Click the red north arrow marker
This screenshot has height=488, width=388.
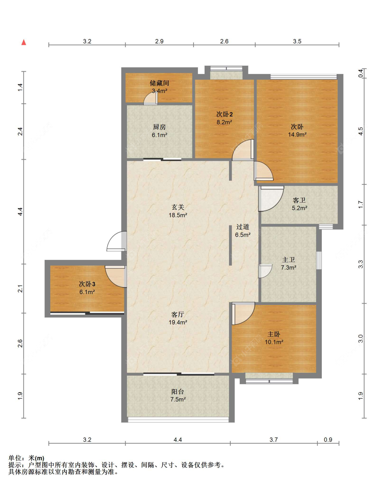pos(23,42)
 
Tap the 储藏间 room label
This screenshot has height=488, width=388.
pos(159,83)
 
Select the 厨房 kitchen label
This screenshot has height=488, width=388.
pos(159,127)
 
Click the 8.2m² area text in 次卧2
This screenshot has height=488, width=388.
pos(224,122)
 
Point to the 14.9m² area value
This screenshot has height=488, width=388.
pos(297,134)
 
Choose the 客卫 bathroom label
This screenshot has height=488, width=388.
pos(299,200)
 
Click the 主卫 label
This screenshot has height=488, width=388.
pos(288,260)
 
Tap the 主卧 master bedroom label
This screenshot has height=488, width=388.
pos(274,334)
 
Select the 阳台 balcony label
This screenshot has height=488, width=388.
pos(178,392)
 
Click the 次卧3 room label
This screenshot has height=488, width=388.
pos(87,284)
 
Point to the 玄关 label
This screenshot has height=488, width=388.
pos(178,207)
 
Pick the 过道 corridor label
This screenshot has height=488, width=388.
pos(242,226)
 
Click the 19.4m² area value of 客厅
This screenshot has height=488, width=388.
pos(178,322)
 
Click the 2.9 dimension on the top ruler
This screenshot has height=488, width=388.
pos(159,41)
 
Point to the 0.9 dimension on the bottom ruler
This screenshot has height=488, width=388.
pos(328,440)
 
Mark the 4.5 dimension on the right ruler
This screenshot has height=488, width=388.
pos(360,131)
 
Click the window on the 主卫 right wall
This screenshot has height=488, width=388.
pos(319,260)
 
